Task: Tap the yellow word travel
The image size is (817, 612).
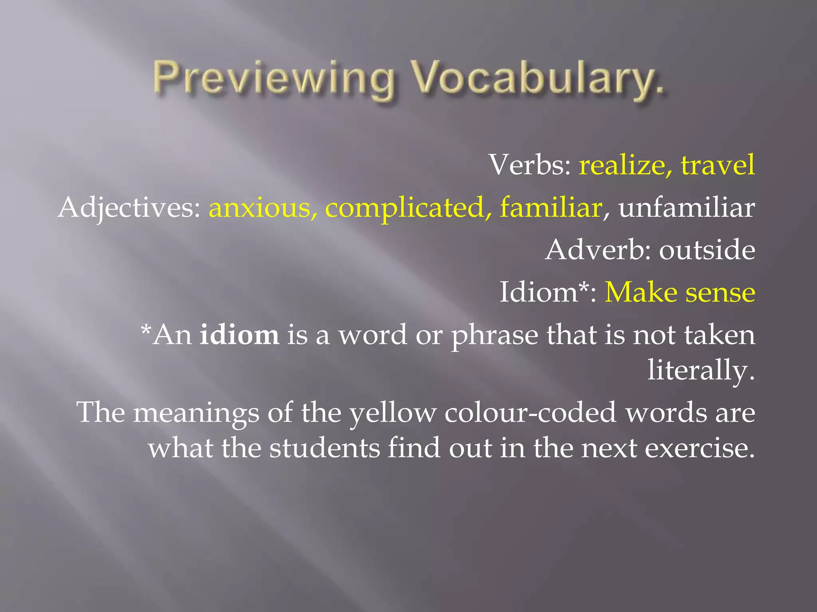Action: (718, 165)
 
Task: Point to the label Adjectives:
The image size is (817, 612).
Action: (129, 208)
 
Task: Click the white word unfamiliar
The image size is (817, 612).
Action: (687, 208)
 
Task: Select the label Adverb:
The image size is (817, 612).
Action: (599, 250)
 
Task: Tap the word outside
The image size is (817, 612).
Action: (707, 250)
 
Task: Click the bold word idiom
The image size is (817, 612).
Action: (239, 335)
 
